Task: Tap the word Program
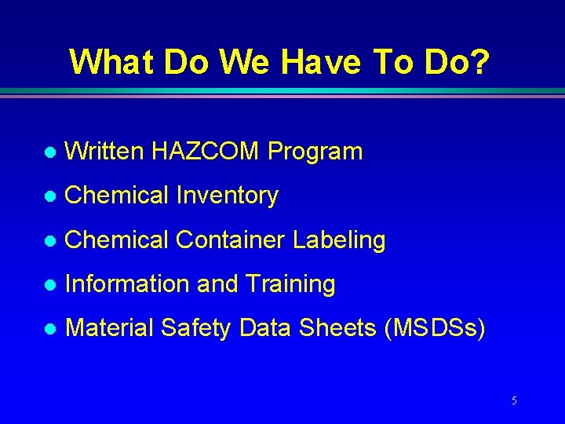click(315, 152)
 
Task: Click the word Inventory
click(227, 196)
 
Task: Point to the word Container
click(231, 240)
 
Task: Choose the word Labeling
click(339, 240)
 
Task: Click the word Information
click(128, 284)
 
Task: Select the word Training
click(290, 285)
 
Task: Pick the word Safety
click(196, 329)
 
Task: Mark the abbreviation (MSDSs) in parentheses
click(435, 328)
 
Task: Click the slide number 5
click(514, 401)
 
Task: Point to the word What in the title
click(113, 61)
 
